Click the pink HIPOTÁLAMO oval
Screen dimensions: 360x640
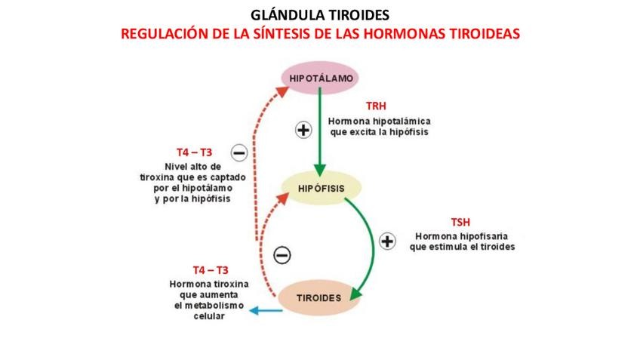coord(319,78)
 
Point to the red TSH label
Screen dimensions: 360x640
coord(462,222)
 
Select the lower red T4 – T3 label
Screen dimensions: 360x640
coord(210,269)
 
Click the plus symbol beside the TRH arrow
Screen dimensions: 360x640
coord(303,130)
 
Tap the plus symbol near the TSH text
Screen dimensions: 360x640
coord(386,242)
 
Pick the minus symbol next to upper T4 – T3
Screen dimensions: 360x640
coord(239,153)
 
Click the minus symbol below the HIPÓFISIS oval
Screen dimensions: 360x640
coord(282,255)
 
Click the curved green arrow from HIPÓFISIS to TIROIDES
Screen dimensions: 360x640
coord(370,242)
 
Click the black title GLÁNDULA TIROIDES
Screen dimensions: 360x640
coord(320,15)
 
